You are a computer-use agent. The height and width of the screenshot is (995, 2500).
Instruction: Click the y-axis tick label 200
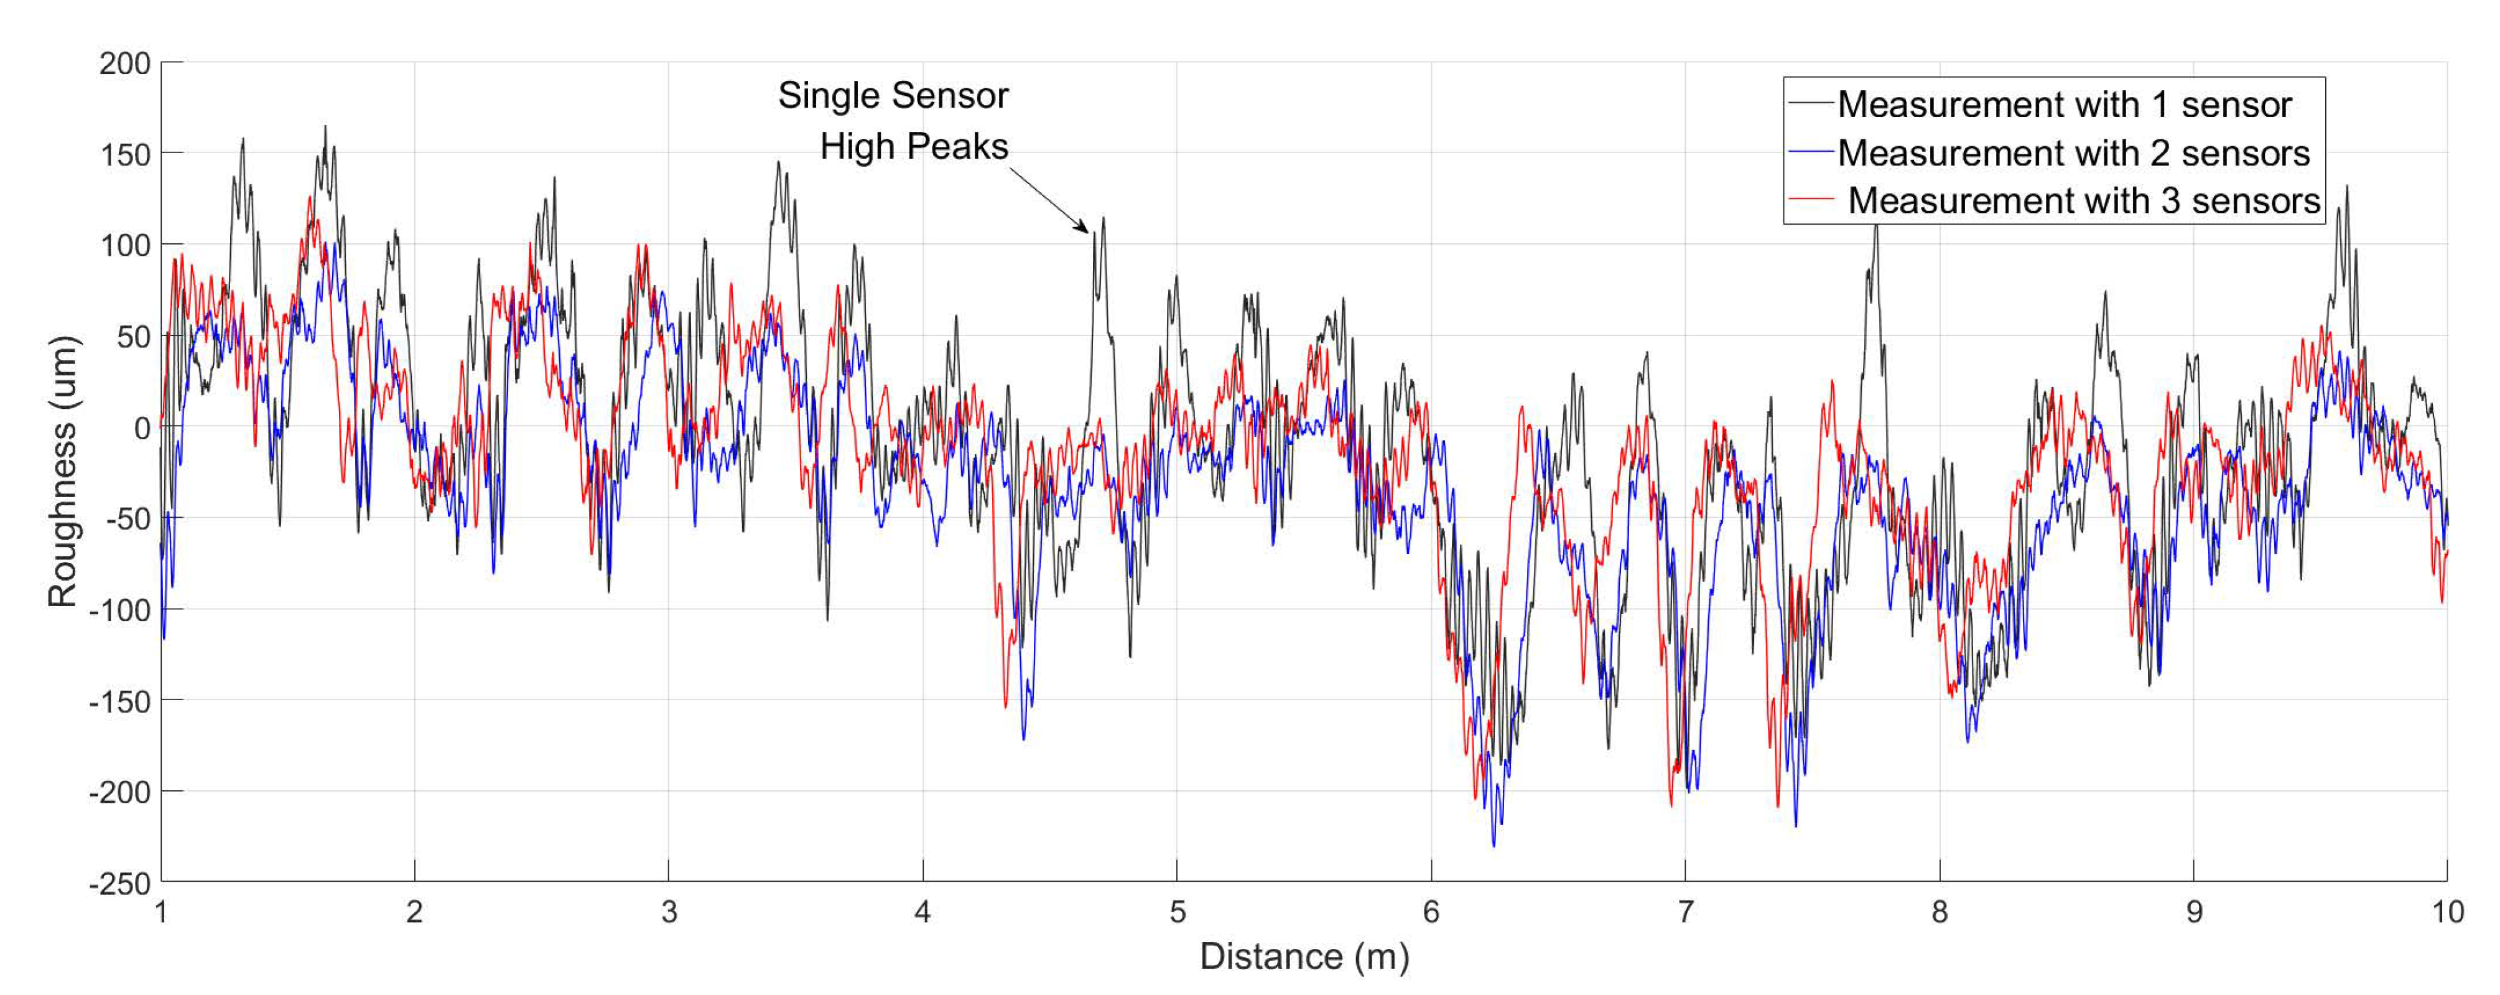coord(124,64)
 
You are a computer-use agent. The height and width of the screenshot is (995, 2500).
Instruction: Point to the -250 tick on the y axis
coord(120,884)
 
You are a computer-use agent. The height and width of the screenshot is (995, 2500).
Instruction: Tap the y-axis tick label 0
coord(142,428)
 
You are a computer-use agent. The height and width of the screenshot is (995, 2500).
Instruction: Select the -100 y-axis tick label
coord(120,610)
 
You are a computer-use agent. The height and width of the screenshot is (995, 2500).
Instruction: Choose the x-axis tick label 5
coord(1176,912)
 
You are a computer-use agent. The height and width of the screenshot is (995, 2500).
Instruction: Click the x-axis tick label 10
coord(2447,912)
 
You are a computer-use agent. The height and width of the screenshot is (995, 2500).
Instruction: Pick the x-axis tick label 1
coord(161,912)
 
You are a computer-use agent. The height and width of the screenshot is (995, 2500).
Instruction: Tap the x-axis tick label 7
coord(1684,912)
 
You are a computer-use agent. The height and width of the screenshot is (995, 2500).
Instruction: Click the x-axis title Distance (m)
coord(1303,956)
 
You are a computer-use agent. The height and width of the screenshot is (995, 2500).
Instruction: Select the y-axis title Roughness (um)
coord(62,472)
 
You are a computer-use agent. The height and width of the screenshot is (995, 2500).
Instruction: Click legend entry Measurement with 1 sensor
coord(2063,105)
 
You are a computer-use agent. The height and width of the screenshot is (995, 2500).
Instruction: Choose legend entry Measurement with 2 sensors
coord(2073,153)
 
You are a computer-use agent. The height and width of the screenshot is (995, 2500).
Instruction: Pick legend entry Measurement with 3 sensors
coord(2083,201)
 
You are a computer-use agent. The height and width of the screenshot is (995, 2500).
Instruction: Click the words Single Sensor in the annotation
coord(893,95)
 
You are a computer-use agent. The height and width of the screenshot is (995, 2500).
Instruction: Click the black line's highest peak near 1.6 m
coord(325,126)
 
